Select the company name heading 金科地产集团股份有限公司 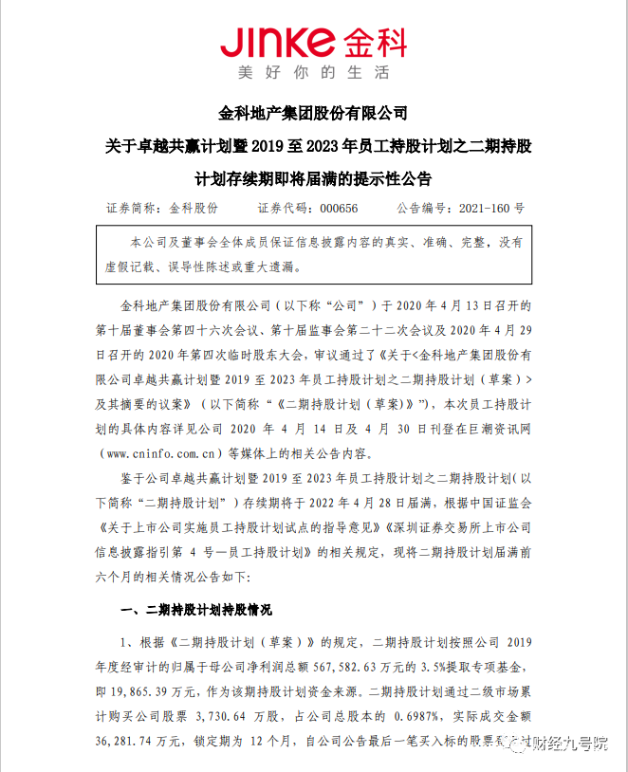coord(313,115)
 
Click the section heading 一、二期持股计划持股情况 coord(197,610)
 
